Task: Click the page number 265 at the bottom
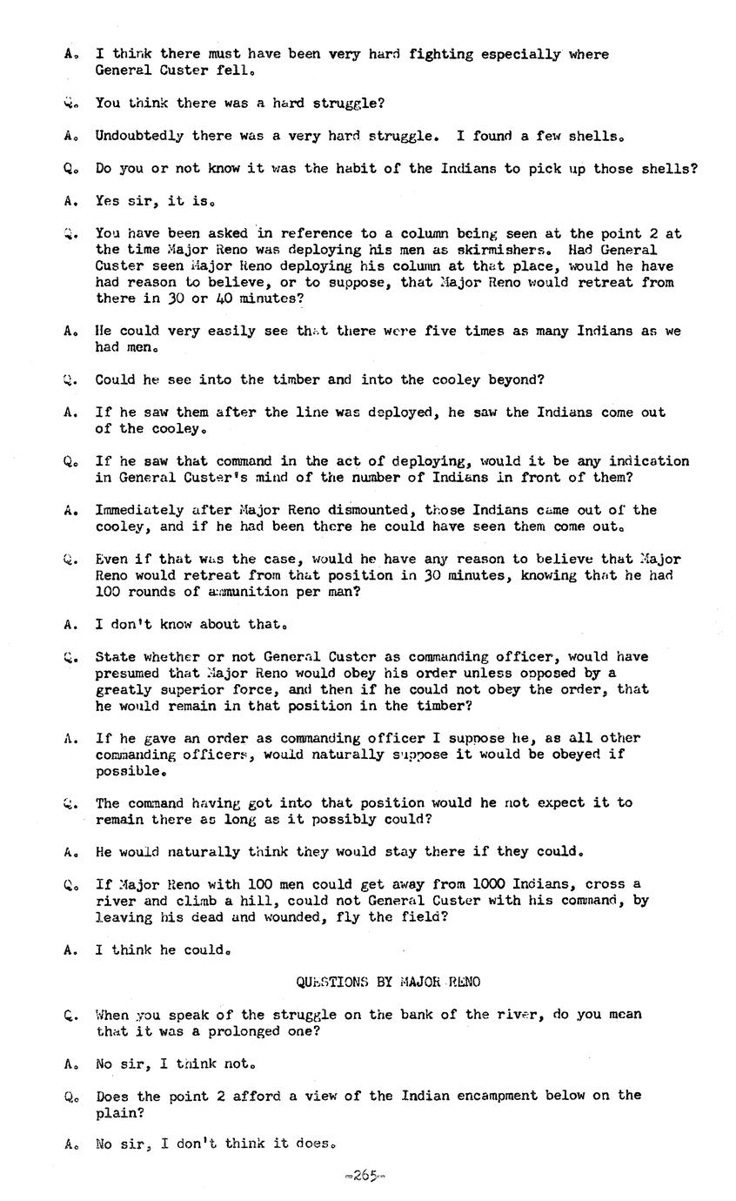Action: click(365, 1176)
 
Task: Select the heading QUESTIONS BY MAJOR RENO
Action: click(388, 982)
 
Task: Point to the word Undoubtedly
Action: click(139, 136)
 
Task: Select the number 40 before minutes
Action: click(214, 299)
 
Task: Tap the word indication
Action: click(649, 461)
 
